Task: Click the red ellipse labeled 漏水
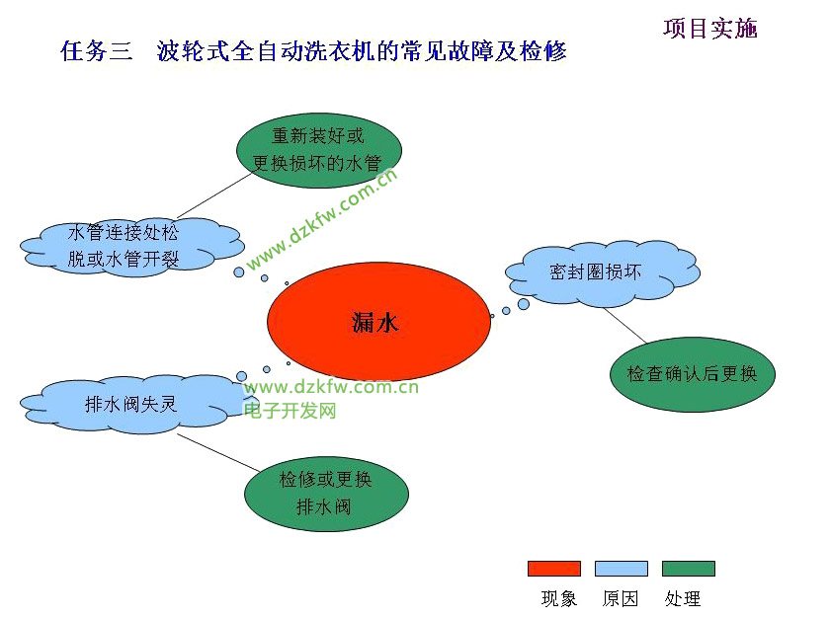pos(378,322)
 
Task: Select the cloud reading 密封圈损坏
pos(601,271)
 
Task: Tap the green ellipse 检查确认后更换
pos(692,374)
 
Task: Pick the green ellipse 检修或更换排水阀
pos(326,494)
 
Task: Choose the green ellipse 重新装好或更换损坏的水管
pos(318,149)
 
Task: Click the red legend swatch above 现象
pos(553,569)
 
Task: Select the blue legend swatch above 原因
pos(621,569)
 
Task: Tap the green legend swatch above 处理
pos(688,569)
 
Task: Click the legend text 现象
pos(559,598)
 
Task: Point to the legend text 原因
pos(621,598)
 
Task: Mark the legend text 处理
pos(683,598)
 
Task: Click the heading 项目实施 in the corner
pos(709,29)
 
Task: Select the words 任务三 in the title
pos(96,51)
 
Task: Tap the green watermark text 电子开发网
pos(291,410)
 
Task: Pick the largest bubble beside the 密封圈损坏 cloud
pos(524,304)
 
